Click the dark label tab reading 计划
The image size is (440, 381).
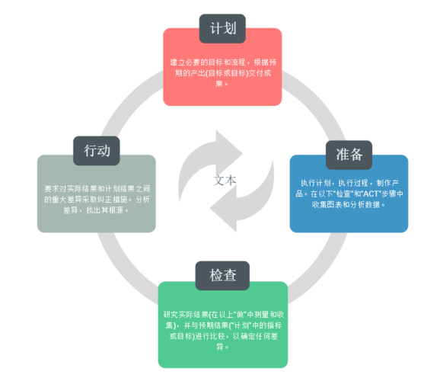(x=222, y=29)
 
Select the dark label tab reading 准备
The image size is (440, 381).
(x=349, y=154)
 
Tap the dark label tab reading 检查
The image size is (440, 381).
(x=223, y=275)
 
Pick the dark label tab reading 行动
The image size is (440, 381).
(x=97, y=150)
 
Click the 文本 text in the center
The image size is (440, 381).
(x=225, y=181)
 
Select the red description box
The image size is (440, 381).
(x=222, y=72)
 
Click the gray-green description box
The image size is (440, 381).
(x=97, y=198)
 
